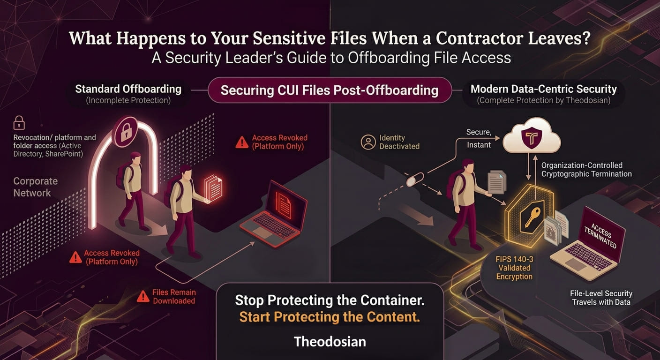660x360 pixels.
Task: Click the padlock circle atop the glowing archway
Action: pyautogui.click(x=126, y=131)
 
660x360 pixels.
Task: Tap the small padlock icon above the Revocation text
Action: pyautogui.click(x=19, y=122)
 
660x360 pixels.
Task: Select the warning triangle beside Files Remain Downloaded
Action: pyautogui.click(x=143, y=296)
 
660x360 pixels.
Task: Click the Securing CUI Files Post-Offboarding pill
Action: pyautogui.click(x=330, y=90)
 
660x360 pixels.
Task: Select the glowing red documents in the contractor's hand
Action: pyautogui.click(x=213, y=187)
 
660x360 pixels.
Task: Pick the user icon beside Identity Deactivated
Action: pyautogui.click(x=368, y=142)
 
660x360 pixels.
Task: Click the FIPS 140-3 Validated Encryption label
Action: pyautogui.click(x=514, y=268)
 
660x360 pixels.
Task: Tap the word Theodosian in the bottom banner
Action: pyautogui.click(x=330, y=342)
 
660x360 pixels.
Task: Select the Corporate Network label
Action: pyautogui.click(x=35, y=187)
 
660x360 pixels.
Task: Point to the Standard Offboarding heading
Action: pyautogui.click(x=128, y=89)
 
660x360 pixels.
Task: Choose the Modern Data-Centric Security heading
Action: pyautogui.click(x=544, y=89)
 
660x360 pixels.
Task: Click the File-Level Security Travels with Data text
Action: pyautogui.click(x=601, y=298)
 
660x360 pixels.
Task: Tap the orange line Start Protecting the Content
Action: pyautogui.click(x=330, y=317)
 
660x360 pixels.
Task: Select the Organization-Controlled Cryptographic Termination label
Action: pyautogui.click(x=586, y=169)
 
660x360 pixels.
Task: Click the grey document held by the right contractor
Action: pyautogui.click(x=497, y=182)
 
